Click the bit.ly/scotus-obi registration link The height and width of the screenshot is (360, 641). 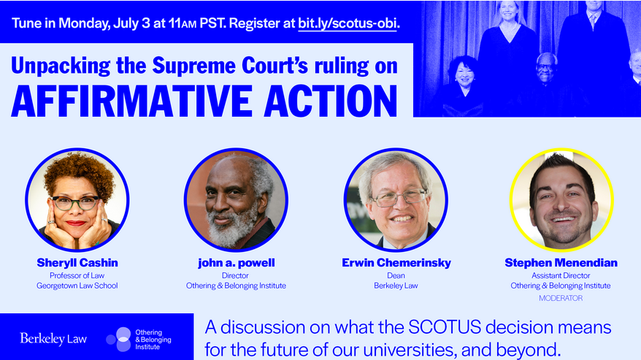348,23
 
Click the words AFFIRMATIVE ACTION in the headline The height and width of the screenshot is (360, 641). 204,101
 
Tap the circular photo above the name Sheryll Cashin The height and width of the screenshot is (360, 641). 77,199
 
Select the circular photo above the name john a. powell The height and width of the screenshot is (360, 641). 236,199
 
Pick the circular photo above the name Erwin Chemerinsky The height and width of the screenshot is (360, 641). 396,199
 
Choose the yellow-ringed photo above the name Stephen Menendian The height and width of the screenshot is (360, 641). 561,199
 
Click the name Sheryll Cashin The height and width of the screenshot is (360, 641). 77,263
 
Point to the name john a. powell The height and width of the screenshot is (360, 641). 237,263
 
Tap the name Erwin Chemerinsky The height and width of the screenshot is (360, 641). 396,263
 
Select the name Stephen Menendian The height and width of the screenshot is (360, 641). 561,263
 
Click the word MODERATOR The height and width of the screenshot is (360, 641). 561,298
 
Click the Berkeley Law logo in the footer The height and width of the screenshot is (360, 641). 53,339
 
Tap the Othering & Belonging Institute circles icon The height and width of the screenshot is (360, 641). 119,339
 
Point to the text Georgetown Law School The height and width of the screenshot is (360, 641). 77,286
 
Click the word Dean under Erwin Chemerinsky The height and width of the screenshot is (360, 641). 396,276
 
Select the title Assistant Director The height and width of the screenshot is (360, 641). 561,276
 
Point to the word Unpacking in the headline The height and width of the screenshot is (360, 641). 61,66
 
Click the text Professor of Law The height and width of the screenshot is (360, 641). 77,276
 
